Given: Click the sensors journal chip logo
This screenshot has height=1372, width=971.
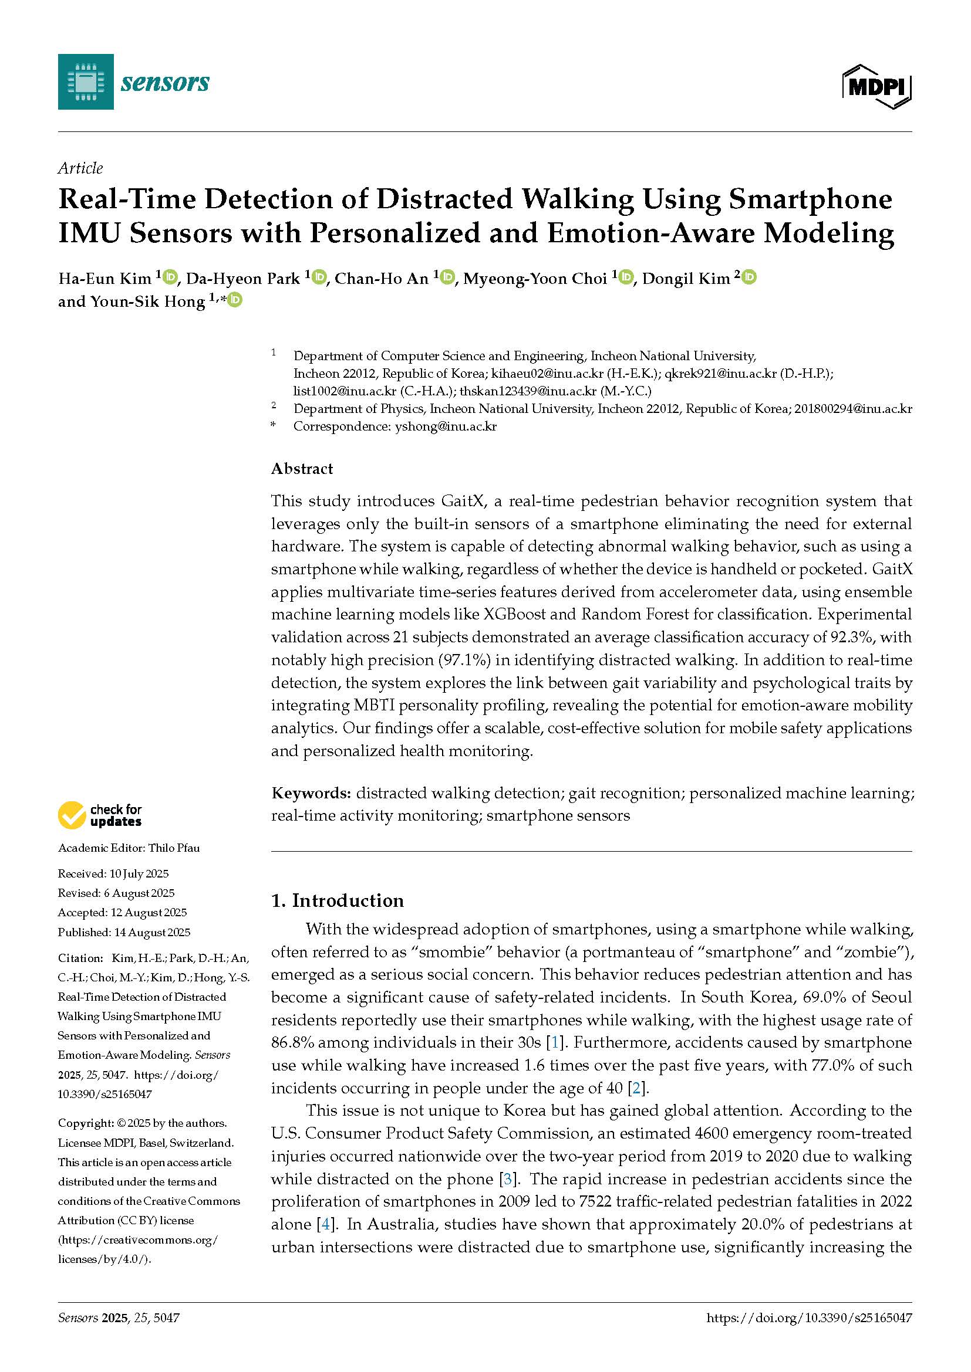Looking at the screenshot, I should pos(86,82).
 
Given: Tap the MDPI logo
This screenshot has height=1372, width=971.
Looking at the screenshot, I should pos(876,87).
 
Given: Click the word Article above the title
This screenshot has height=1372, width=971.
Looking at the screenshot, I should pos(80,168).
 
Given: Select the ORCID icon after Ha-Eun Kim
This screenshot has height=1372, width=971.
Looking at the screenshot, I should pos(170,277).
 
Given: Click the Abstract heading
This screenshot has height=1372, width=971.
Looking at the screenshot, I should pos(302,469).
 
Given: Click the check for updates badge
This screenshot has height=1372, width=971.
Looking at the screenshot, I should pos(100,816).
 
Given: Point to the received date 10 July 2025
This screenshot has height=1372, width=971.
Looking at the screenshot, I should pos(139,873).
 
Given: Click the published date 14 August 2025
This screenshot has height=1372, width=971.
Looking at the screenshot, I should pos(150,932).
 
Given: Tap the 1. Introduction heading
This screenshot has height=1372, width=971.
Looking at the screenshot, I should pos(337,900).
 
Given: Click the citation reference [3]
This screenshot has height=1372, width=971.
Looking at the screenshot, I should pos(508,1179).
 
